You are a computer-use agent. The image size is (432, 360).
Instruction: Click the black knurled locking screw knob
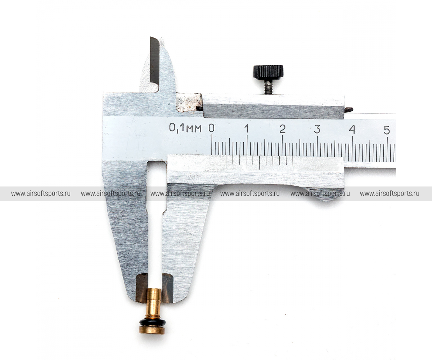(x=268, y=72)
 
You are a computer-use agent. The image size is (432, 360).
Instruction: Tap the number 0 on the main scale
(x=211, y=128)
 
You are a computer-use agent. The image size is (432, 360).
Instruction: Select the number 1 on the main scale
(x=246, y=129)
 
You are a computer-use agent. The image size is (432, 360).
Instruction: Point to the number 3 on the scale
(x=317, y=129)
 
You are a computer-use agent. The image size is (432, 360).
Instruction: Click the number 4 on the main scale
(x=352, y=130)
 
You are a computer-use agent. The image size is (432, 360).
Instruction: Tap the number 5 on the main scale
(x=387, y=130)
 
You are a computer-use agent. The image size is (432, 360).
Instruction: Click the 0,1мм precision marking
(x=185, y=128)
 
